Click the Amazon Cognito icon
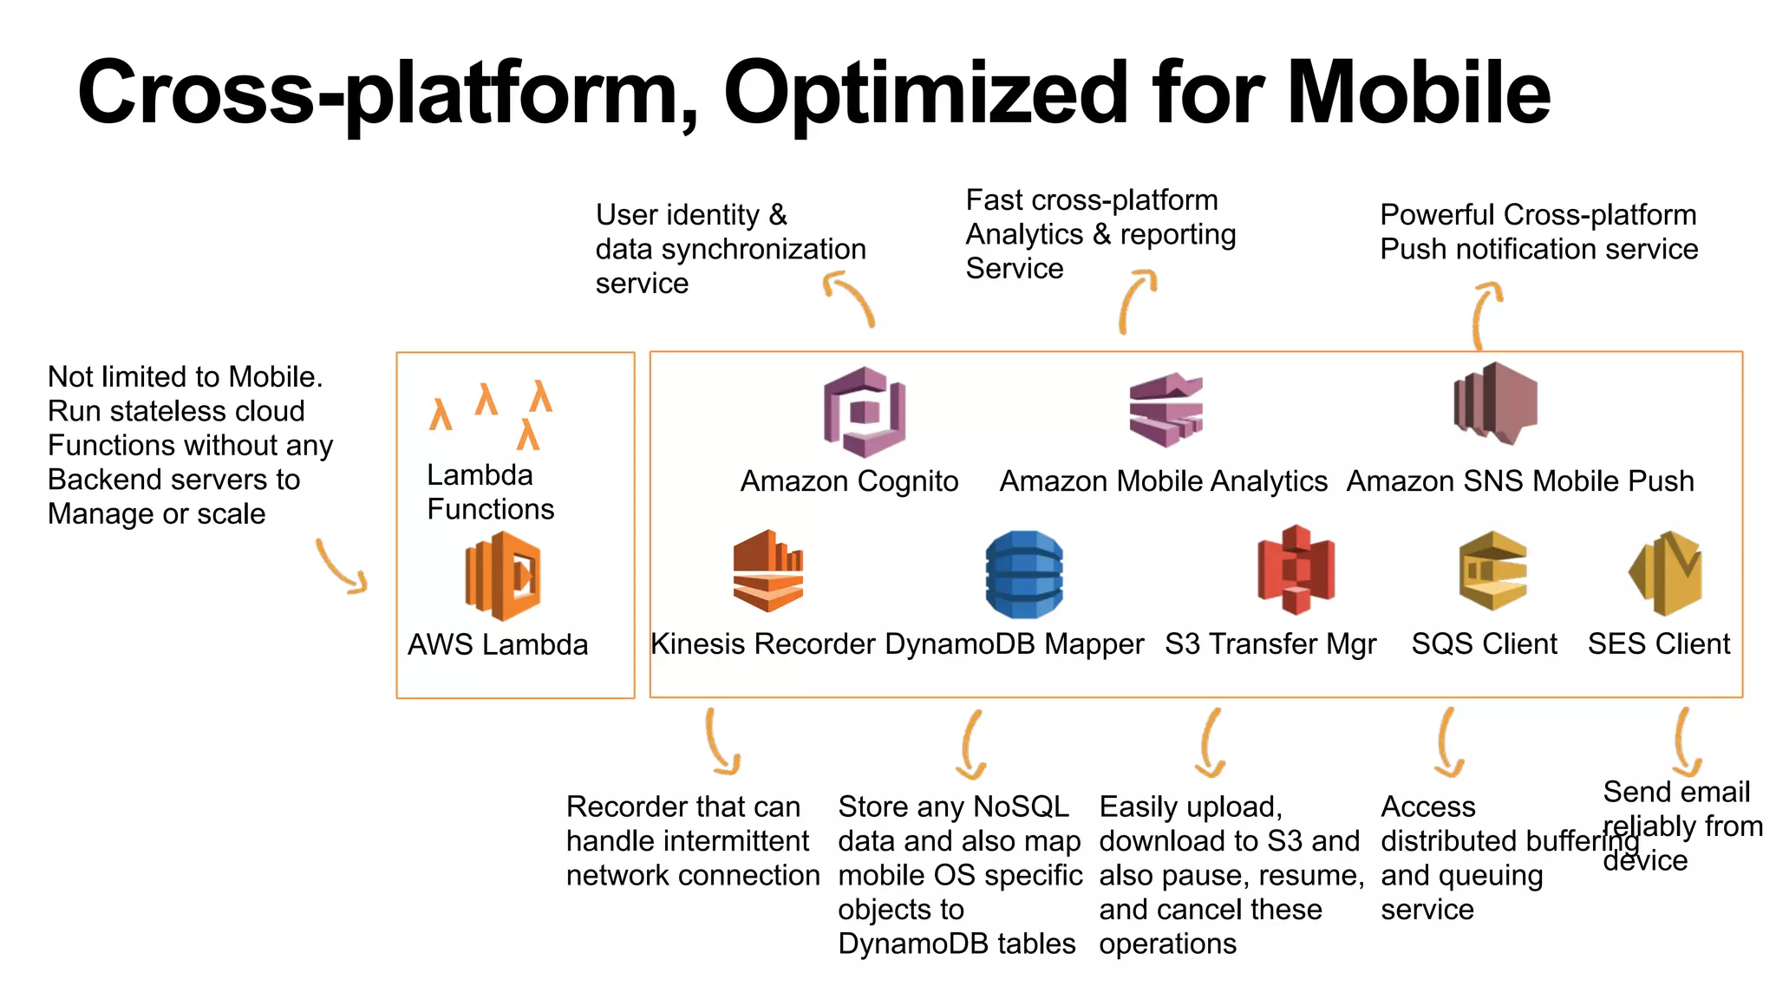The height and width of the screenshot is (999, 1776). pos(864,411)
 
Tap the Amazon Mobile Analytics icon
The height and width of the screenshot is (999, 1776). pos(1165,409)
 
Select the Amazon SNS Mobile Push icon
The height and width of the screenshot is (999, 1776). pos(1495,403)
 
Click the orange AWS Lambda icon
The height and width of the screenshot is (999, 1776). pos(503,576)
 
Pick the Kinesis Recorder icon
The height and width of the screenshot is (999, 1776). pos(767,571)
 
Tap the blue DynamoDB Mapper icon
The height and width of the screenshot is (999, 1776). pos(1024,574)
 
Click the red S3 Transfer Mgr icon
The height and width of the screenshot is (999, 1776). pos(1296,570)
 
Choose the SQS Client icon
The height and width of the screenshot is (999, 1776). pos(1492,571)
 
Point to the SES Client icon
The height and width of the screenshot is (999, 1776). pos(1666,572)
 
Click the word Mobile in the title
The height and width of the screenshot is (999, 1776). pos(1418,93)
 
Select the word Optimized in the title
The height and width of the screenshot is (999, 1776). pos(925,93)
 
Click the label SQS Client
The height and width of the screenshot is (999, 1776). pos(1484,643)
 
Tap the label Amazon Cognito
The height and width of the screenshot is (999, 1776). pos(849,480)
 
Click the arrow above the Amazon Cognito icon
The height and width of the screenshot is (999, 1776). pos(849,297)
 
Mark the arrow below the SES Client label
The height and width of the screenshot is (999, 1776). pos(1684,742)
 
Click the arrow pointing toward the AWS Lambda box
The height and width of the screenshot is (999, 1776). pos(341,567)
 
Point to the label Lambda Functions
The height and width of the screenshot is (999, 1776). pos(490,492)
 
